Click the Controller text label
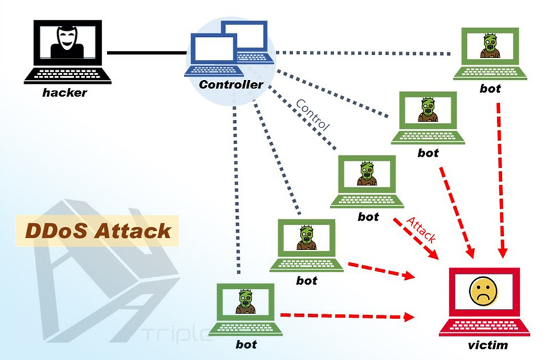231,85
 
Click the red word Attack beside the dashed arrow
421,228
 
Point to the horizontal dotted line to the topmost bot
362,52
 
